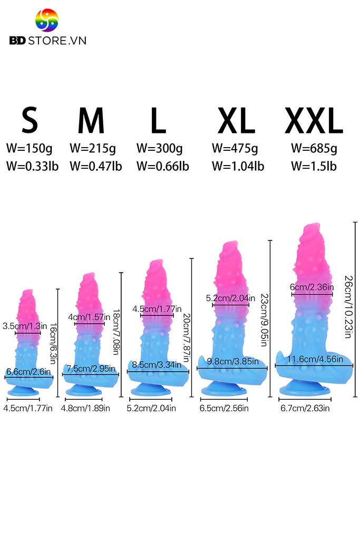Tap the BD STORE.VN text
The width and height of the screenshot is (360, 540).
(48, 41)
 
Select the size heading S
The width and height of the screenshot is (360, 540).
(30, 120)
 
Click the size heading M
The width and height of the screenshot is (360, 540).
(91, 120)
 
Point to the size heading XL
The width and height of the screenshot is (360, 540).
(236, 120)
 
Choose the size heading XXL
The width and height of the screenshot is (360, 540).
(314, 120)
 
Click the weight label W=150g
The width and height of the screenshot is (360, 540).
(30, 148)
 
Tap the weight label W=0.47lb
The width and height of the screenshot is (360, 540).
(96, 166)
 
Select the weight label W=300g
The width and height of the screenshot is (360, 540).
(159, 148)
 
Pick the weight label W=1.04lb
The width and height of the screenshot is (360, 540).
(238, 166)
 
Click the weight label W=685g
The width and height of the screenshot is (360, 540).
(314, 148)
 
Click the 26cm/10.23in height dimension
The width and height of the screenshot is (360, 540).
(348, 307)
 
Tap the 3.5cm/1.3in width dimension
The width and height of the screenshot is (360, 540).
(25, 326)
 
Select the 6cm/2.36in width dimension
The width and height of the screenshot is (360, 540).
(312, 287)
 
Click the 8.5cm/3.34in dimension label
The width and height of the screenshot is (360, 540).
(157, 365)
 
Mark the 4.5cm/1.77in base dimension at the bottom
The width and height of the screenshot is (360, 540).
(28, 408)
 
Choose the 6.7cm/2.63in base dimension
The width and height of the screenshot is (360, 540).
(305, 408)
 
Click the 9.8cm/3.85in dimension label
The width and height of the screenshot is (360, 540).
(232, 361)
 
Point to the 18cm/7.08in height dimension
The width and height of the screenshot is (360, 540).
(116, 332)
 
